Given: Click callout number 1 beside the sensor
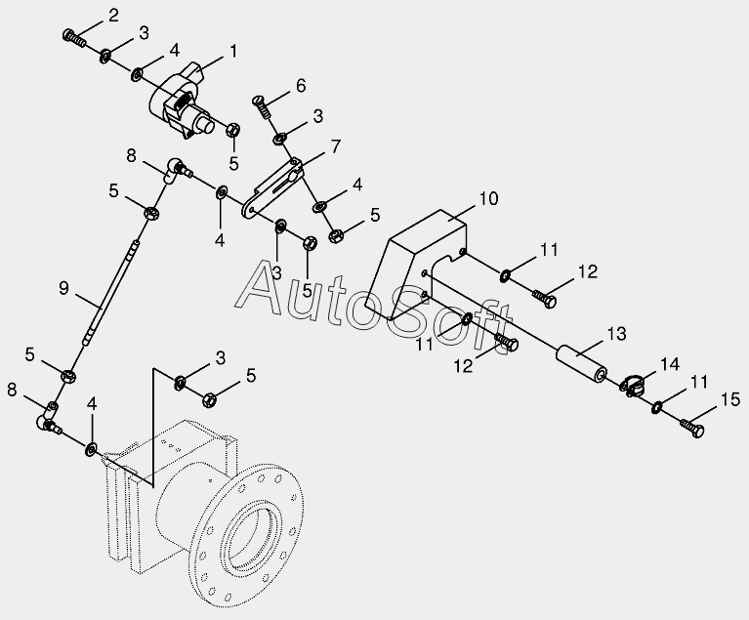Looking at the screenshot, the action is coord(233,49).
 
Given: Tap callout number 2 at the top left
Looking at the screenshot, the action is coord(114,15).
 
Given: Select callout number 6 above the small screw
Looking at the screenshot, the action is coord(300,85).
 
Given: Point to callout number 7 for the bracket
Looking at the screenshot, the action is coord(335,146).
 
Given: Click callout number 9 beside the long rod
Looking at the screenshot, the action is coord(64,288).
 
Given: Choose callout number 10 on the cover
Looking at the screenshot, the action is coord(488,198).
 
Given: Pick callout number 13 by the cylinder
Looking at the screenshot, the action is coord(616,335).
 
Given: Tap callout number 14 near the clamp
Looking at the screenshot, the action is coord(668,363).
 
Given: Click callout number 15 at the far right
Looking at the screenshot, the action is coord(729,398).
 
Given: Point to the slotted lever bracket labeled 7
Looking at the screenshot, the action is coord(278,186).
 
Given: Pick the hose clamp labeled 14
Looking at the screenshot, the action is coord(632,387).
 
